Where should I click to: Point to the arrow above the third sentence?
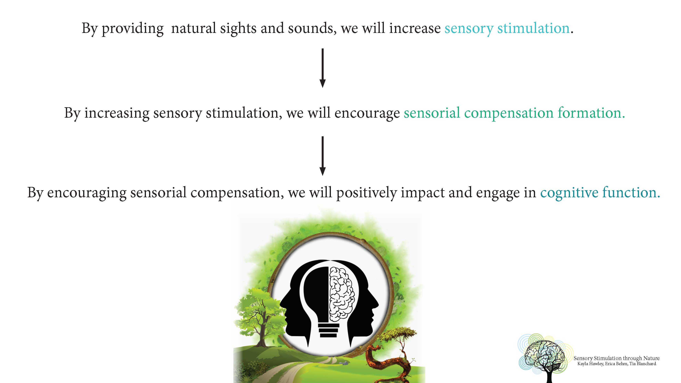[322, 156]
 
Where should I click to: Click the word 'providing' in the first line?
[132, 29]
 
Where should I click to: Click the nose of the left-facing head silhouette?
[282, 304]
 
